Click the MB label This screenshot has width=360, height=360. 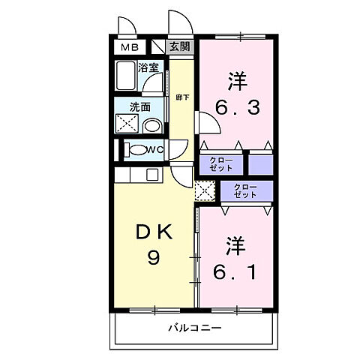coord(127,46)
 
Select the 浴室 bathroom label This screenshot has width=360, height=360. coord(147,67)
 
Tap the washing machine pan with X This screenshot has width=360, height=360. coord(125,123)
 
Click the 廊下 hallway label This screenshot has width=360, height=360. coord(181,97)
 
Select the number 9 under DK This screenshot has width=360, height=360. coord(153,258)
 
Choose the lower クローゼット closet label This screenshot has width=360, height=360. coord(246,190)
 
